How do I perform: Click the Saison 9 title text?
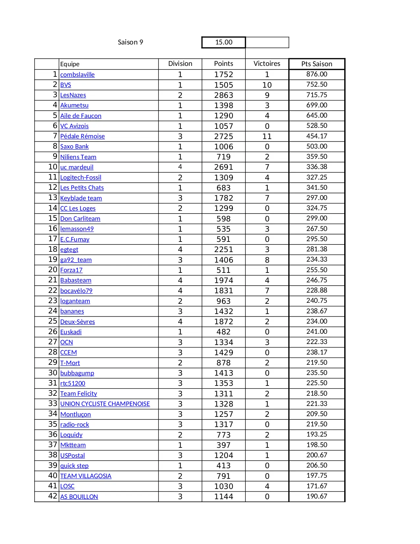(130, 42)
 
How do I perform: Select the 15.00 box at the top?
(224, 42)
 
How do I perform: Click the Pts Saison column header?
(317, 64)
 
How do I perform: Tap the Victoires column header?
(267, 64)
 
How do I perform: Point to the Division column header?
(180, 64)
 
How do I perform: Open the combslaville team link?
(77, 75)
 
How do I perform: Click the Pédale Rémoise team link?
(82, 136)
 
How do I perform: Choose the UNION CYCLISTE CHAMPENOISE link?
(105, 404)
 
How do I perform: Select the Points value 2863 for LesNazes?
(224, 95)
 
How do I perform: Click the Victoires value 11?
(267, 136)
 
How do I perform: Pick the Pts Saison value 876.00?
(317, 74)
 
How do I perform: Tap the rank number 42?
(53, 496)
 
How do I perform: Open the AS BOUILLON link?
(79, 497)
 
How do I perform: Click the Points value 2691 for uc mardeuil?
(224, 167)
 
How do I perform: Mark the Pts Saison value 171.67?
(317, 486)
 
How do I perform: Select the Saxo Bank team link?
(74, 147)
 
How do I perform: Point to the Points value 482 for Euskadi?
(224, 332)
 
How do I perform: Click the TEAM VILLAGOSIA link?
(86, 476)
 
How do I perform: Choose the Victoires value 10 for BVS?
(267, 85)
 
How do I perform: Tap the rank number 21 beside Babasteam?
(53, 280)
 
